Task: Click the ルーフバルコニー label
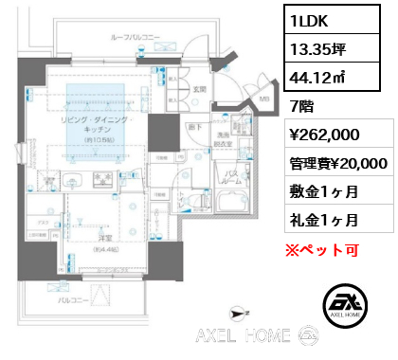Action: point(136,37)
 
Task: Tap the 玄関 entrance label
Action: point(200,89)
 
